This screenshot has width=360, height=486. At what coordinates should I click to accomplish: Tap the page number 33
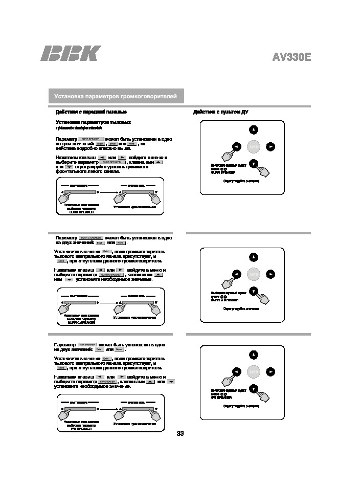click(180, 434)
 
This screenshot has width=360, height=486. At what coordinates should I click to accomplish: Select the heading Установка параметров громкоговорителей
click(116, 96)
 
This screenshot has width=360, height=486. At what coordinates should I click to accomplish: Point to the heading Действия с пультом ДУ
click(220, 112)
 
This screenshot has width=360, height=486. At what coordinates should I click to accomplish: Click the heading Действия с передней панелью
click(91, 112)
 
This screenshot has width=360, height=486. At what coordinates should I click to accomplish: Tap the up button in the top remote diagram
click(254, 129)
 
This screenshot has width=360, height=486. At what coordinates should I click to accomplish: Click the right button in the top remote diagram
click(271, 147)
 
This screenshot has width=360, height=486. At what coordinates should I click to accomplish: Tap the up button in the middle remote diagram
click(254, 256)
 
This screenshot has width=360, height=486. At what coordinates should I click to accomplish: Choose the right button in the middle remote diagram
click(271, 274)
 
